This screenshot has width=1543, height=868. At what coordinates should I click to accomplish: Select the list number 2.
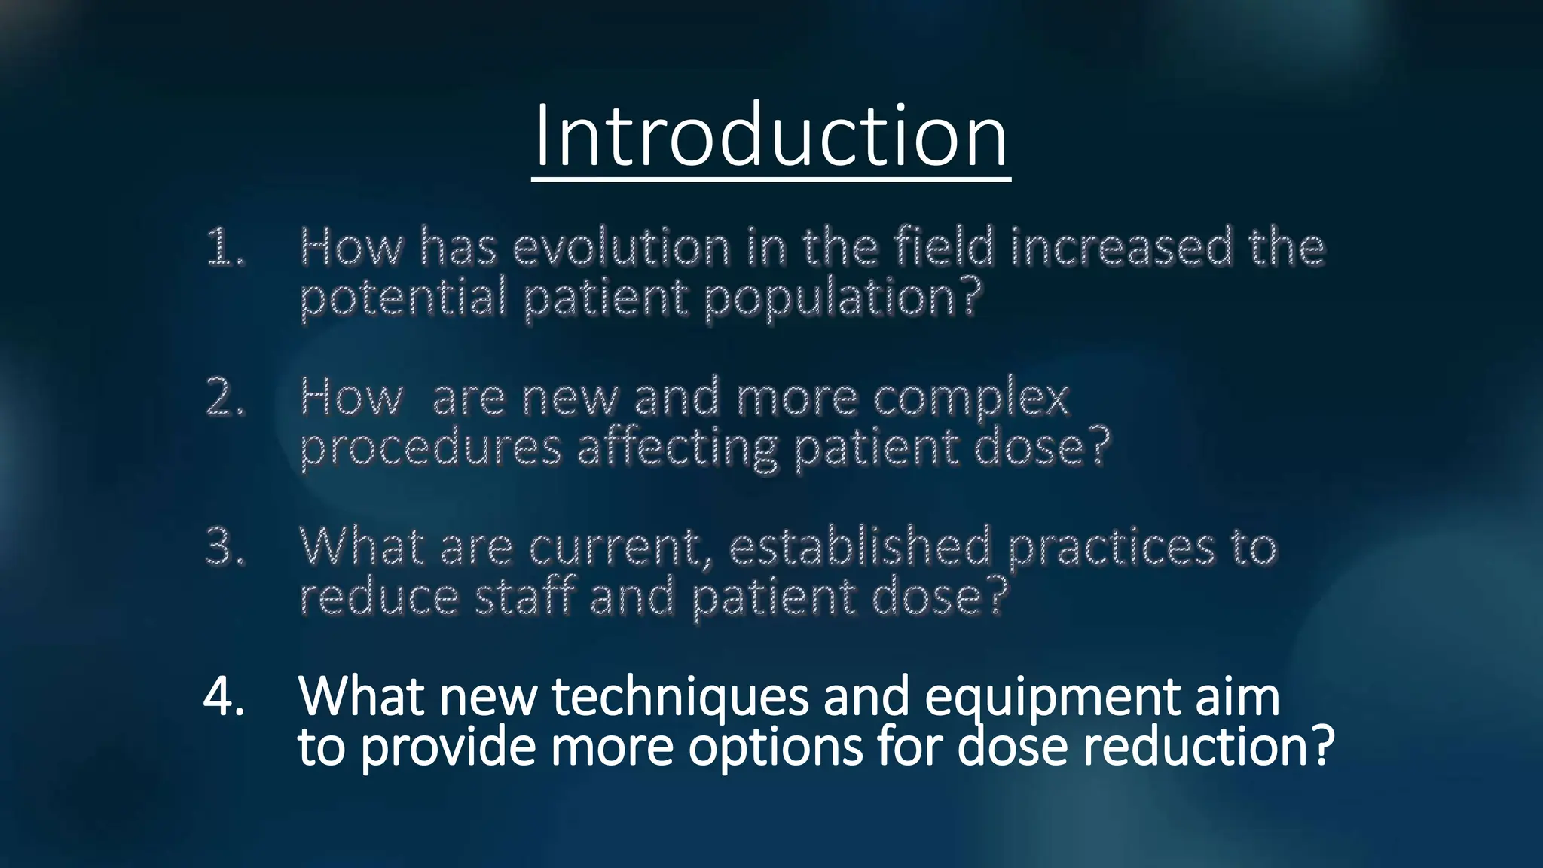coord(225,397)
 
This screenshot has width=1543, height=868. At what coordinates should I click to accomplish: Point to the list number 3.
coord(225,546)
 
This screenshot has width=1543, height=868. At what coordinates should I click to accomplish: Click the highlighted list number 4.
coord(224,696)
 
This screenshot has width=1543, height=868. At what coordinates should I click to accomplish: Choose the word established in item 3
coord(860,546)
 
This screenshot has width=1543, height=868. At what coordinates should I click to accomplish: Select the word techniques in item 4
coord(680,698)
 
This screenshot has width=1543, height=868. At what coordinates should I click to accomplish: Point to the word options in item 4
coord(775,748)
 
